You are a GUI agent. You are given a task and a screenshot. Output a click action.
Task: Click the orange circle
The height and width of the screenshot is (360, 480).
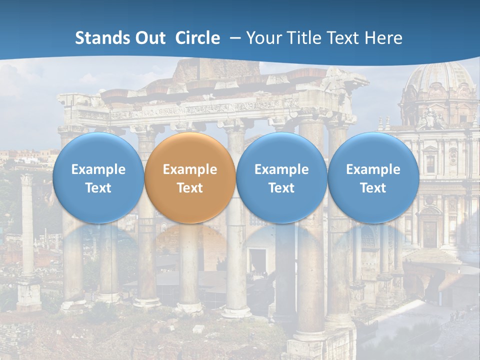coord(190,178)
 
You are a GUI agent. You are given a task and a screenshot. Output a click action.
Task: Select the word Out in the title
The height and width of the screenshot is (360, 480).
coord(148,38)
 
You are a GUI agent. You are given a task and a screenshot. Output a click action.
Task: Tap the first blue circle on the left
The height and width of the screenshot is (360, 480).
coord(98,178)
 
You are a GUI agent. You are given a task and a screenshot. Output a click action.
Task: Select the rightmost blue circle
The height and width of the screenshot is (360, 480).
coord(373,178)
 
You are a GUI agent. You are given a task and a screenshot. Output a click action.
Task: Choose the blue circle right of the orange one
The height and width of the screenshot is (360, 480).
coord(281,178)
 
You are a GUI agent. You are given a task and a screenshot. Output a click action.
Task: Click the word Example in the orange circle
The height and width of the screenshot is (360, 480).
coord(190,169)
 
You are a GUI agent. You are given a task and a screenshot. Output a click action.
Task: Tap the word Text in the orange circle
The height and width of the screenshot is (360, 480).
coord(190,188)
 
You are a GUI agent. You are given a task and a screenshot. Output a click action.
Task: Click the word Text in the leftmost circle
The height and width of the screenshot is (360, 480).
coord(98,188)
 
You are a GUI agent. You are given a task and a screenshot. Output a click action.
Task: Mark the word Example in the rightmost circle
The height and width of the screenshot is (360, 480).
coord(373,169)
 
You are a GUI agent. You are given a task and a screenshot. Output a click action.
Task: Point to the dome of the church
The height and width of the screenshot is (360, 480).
coord(438,80)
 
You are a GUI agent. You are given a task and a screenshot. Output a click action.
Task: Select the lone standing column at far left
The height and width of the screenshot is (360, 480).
coord(27,225)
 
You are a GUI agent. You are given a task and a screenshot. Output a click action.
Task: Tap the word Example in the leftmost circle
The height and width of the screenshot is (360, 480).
coord(98,169)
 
